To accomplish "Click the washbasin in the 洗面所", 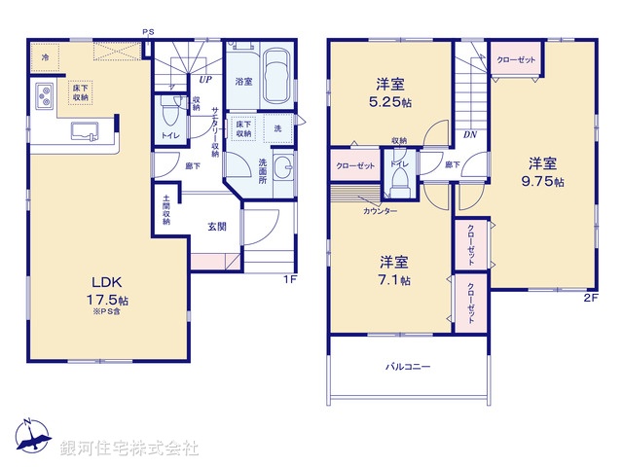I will [283, 168].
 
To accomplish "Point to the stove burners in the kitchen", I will [45, 96].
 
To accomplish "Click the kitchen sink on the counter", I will [86, 130].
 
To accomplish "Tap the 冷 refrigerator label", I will [45, 59].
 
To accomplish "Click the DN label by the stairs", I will [469, 136].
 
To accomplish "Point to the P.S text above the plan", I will [148, 33].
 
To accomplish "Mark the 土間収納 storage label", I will [166, 213].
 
